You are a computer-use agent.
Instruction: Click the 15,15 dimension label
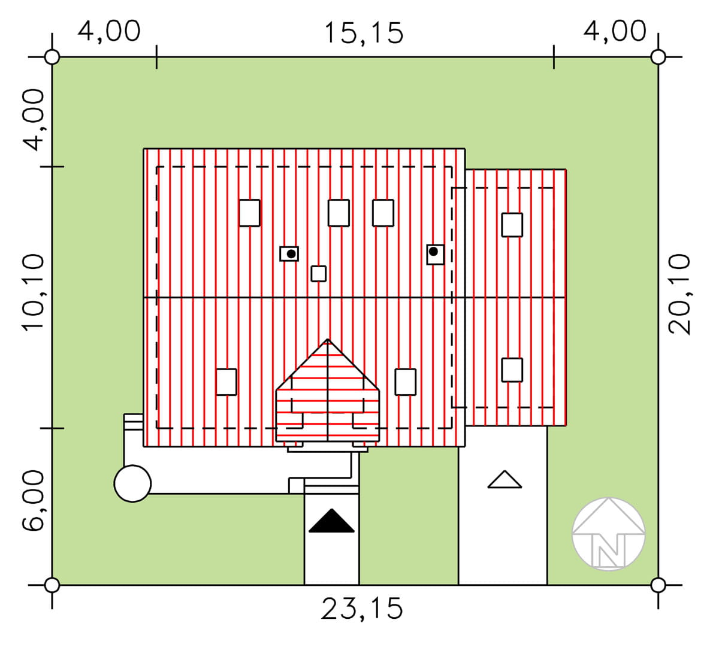click(364, 34)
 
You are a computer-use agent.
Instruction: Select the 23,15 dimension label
click(362, 609)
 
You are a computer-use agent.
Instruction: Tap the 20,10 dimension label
click(679, 295)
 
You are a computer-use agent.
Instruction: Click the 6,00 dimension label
click(34, 500)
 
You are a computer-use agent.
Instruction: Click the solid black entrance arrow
click(331, 521)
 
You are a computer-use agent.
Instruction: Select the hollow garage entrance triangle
click(504, 480)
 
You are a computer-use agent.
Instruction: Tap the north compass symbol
click(609, 534)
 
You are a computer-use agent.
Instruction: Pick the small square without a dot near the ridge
click(319, 274)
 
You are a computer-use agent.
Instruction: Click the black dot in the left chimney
click(291, 254)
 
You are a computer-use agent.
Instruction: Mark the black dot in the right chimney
click(433, 252)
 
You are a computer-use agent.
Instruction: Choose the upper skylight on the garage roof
click(512, 225)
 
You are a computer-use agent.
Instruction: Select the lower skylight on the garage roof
click(512, 370)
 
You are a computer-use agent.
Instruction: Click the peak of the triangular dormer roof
click(328, 340)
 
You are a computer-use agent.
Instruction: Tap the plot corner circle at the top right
click(658, 57)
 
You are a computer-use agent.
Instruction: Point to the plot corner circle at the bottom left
click(52, 585)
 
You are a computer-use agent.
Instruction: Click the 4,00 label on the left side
click(34, 120)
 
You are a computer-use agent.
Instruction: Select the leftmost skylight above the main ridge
click(249, 213)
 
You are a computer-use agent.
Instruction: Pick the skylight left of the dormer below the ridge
click(226, 382)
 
